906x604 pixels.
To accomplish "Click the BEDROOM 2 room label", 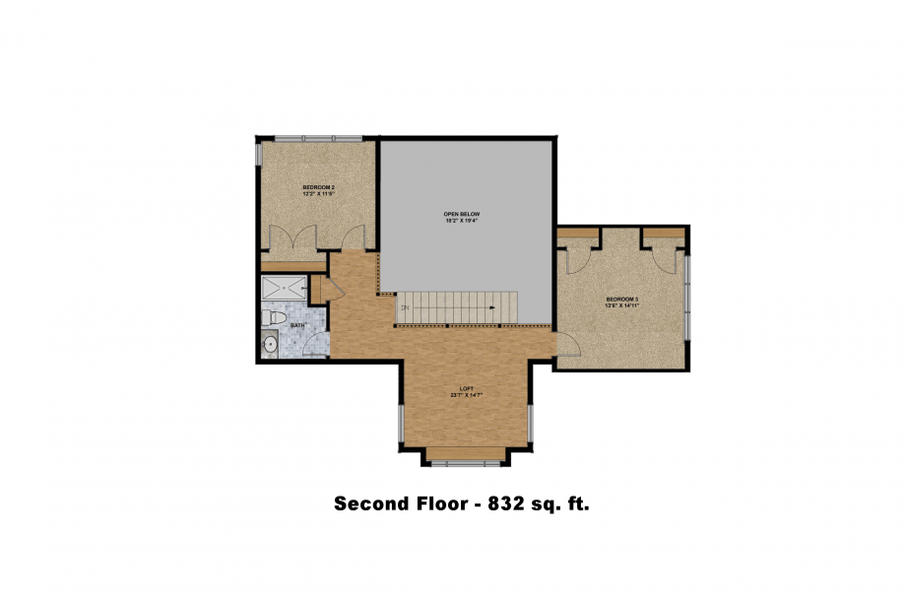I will (x=318, y=187).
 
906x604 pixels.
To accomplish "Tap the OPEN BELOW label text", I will (x=461, y=214).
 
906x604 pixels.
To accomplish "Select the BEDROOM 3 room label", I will (x=622, y=299).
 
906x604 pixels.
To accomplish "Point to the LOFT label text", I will (x=466, y=388).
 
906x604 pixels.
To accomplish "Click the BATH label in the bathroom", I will (x=295, y=324).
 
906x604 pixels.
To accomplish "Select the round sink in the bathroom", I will (x=270, y=344).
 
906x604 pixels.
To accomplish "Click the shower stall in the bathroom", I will (x=284, y=290).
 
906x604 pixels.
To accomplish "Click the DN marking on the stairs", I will (x=404, y=307).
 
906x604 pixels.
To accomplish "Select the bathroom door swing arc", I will (x=315, y=344).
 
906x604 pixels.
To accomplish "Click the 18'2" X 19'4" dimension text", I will (x=461, y=221).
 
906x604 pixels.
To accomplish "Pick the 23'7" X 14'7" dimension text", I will (x=466, y=395).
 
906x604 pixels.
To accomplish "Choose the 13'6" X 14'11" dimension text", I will (x=622, y=305).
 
